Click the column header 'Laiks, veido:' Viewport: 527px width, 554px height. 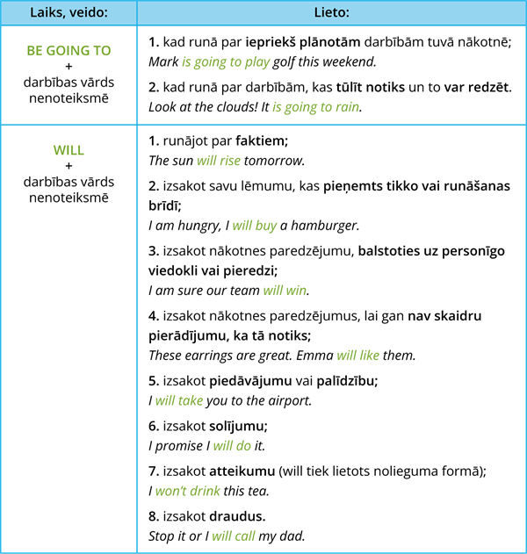[69, 13]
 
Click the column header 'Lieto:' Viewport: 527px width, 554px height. [332, 13]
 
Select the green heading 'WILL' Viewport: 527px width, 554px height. [69, 150]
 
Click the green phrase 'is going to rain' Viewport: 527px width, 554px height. [316, 107]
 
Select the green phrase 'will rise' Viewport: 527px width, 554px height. [219, 161]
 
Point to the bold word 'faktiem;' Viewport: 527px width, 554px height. [262, 140]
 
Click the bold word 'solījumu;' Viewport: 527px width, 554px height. [239, 426]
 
